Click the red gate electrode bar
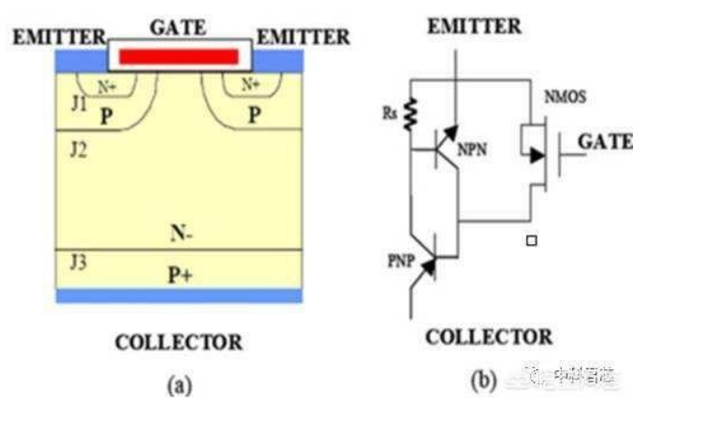179,56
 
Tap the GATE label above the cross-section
178,26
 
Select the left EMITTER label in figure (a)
58,37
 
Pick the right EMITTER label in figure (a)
302,37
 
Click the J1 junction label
78,100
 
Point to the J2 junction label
78,149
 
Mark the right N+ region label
250,84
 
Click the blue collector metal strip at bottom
179,295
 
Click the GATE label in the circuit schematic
604,142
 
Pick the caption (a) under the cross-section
178,385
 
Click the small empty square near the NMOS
532,240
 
